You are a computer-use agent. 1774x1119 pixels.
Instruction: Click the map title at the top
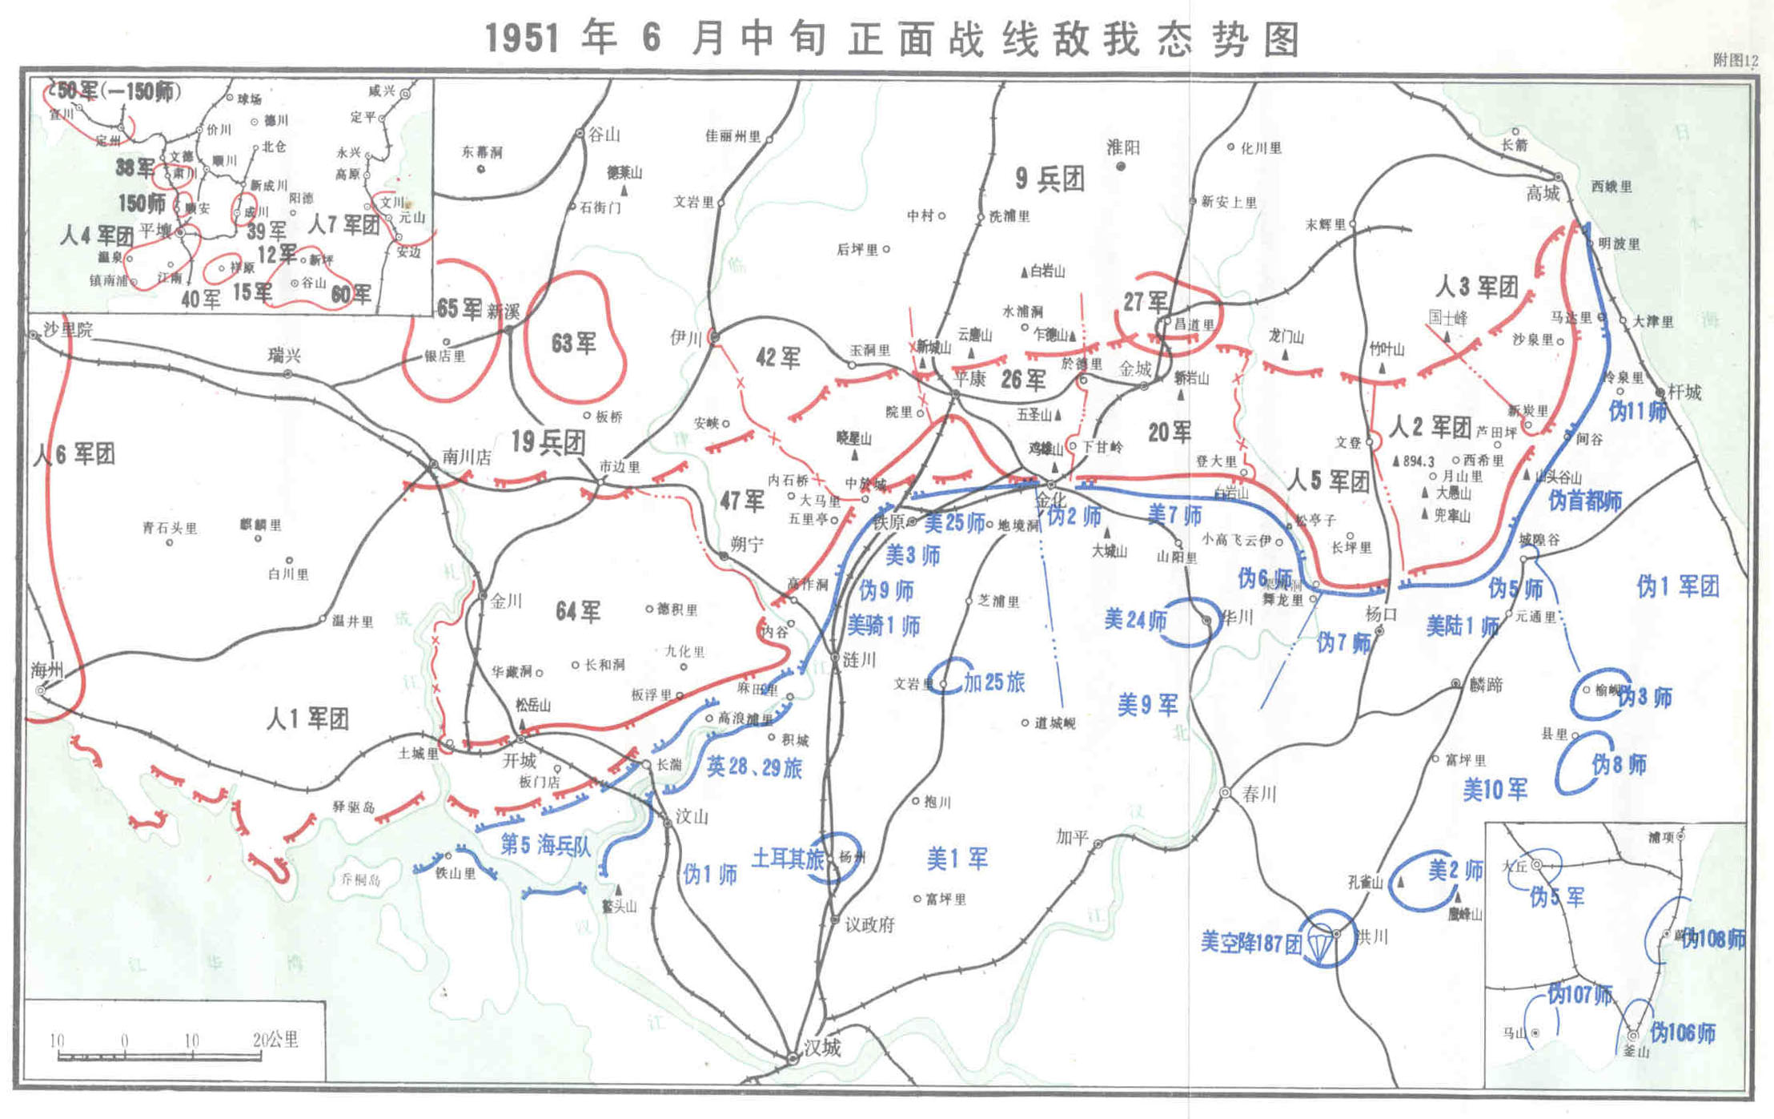click(893, 38)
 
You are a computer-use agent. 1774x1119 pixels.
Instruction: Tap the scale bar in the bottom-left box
click(159, 1056)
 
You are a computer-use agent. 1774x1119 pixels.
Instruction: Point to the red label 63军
click(573, 344)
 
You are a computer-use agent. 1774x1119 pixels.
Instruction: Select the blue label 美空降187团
click(1250, 942)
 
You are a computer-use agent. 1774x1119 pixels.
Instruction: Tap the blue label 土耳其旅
click(788, 859)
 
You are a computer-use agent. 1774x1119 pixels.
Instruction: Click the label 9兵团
click(1050, 179)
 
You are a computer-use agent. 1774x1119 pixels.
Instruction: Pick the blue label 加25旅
click(994, 682)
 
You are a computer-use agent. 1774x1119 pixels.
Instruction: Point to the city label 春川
click(1258, 793)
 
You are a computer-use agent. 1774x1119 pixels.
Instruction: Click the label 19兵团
click(548, 442)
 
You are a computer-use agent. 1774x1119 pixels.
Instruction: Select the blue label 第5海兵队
click(545, 844)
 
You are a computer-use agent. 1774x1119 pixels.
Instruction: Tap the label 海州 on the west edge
click(47, 670)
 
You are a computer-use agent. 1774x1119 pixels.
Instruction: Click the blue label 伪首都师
click(1585, 501)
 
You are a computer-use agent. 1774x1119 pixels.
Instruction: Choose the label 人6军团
click(74, 454)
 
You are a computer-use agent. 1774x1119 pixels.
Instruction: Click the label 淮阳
click(1122, 147)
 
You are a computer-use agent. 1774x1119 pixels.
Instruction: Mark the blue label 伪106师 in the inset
click(1683, 1033)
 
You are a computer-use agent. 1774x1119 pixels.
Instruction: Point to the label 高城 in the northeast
click(1543, 193)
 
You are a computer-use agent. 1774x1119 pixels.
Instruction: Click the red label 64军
click(578, 612)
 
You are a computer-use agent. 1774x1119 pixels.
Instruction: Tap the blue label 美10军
click(1495, 790)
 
